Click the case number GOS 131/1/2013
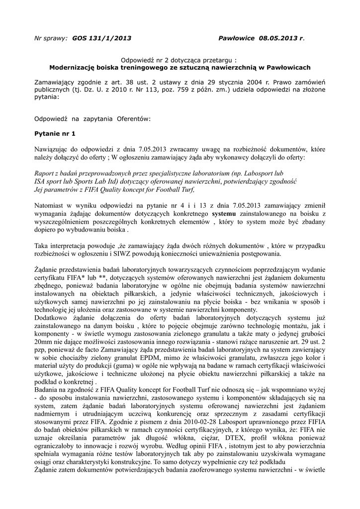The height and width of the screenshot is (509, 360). point(102,38)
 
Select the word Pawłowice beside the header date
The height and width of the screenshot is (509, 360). point(237,38)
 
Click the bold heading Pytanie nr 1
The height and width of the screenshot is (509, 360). point(55,134)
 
